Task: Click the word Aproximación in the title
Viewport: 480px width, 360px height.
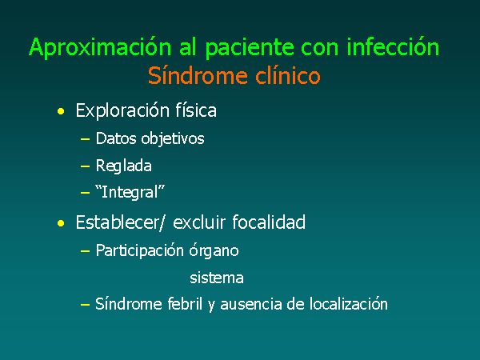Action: (x=100, y=48)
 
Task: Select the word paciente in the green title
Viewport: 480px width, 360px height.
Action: (x=248, y=48)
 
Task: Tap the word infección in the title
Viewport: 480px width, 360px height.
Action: (x=393, y=46)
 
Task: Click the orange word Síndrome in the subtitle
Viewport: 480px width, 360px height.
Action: (x=198, y=75)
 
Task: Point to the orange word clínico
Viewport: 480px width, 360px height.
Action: (x=288, y=75)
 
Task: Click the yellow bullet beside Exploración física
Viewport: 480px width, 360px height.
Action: (x=61, y=111)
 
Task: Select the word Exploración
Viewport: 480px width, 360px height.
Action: (x=122, y=111)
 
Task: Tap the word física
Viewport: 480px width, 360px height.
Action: (x=196, y=110)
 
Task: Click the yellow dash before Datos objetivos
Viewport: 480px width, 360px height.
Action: (x=85, y=139)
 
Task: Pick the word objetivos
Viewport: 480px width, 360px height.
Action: (x=173, y=139)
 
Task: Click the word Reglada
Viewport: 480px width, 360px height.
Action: (x=124, y=166)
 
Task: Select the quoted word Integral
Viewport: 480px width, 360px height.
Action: (x=130, y=193)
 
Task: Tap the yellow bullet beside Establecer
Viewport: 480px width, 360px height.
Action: (x=61, y=223)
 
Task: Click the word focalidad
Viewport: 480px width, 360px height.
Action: (x=269, y=222)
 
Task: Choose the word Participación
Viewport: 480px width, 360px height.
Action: (x=139, y=251)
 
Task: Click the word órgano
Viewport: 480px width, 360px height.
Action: (x=214, y=251)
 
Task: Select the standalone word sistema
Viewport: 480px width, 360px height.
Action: (x=217, y=278)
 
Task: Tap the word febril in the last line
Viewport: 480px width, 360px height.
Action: (x=185, y=304)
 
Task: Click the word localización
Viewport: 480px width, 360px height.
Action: (x=348, y=304)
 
